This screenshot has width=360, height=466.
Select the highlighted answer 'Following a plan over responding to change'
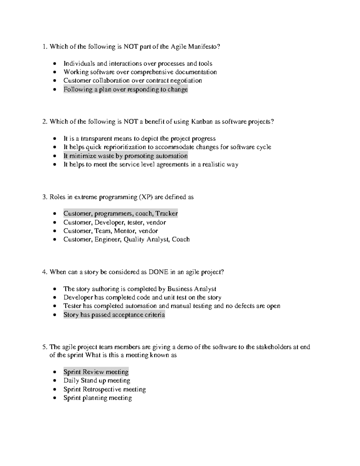(125, 89)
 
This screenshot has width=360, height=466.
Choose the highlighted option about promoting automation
(125, 156)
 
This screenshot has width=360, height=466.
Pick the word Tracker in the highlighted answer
(166, 214)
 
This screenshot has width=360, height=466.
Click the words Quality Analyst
(146, 239)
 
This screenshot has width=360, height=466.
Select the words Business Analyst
(192, 289)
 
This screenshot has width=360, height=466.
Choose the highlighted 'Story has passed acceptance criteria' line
(114, 315)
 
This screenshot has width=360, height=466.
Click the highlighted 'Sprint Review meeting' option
(96, 372)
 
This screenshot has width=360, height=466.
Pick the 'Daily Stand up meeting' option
(97, 381)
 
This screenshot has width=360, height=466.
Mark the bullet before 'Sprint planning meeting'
(54, 398)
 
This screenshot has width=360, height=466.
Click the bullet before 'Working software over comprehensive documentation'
(54, 72)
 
